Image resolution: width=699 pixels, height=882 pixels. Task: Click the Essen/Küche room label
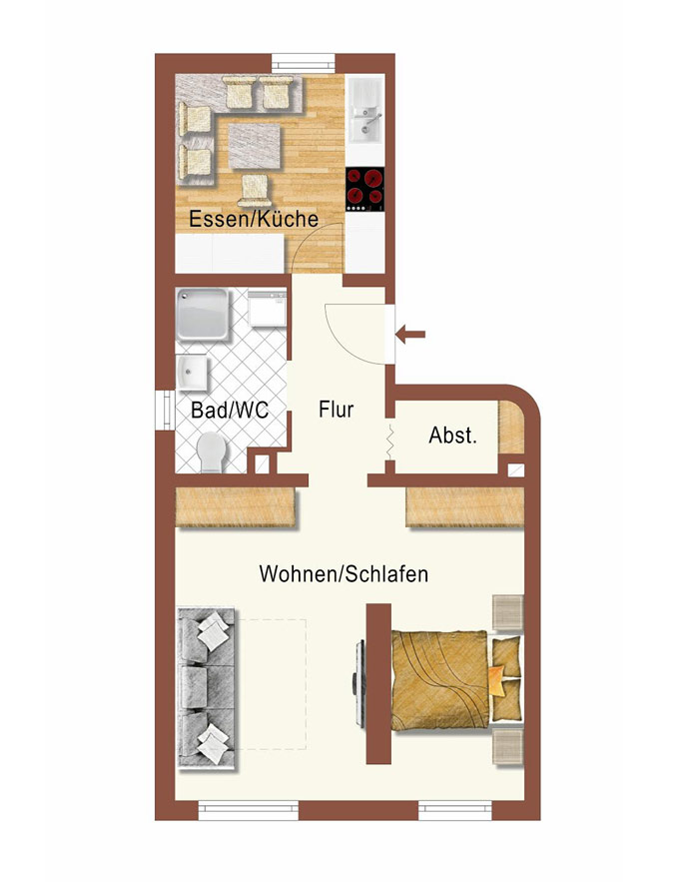coord(254,219)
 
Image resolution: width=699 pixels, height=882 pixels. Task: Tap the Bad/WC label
coord(230,410)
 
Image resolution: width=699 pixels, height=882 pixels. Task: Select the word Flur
coord(337,409)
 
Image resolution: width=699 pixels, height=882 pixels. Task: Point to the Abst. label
coord(452,436)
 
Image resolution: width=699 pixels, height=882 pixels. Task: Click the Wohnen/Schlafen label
coord(344,573)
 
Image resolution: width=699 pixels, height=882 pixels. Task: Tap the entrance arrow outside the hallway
coord(410,335)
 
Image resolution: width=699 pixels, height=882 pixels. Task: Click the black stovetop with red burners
coord(365,189)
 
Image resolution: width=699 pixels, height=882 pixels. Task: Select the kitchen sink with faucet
coord(365,110)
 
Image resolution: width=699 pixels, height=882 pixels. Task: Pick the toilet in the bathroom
coord(212,452)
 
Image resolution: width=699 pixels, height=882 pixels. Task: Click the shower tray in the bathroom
coord(203,314)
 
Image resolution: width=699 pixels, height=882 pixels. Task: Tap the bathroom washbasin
coord(192,373)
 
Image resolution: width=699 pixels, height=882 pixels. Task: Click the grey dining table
coord(255,146)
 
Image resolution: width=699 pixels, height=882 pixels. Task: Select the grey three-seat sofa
coord(207,688)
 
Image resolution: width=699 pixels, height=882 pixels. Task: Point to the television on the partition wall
coord(357,682)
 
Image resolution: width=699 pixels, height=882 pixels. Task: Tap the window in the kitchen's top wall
coord(304,63)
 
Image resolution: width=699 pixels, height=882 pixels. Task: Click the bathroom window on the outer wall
coord(166,411)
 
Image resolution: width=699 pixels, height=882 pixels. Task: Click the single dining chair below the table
coord(255,190)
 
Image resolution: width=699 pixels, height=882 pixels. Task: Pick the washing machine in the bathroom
coord(267,309)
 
